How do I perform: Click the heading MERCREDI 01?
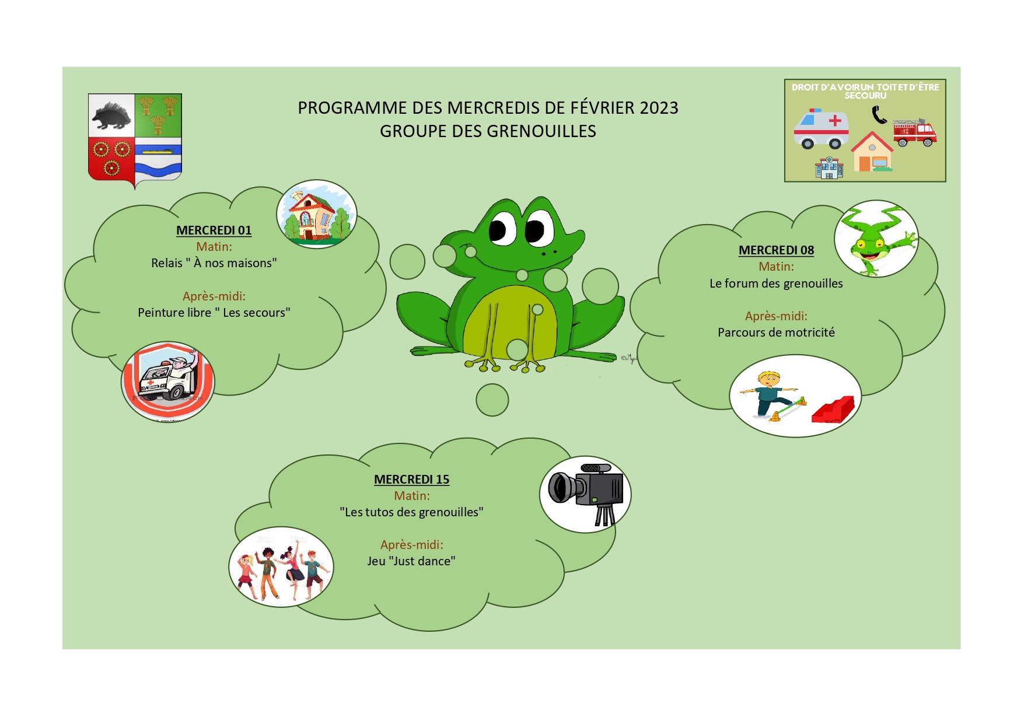tap(214, 230)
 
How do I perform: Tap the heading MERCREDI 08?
tap(776, 250)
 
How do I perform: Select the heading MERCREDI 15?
tap(411, 480)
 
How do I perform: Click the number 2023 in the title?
tap(659, 108)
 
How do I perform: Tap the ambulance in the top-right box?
tap(821, 128)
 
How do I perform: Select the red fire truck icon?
tap(914, 132)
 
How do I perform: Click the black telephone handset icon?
tap(879, 116)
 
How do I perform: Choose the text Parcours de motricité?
tap(776, 333)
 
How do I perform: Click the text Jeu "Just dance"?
tap(411, 561)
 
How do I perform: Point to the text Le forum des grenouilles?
tap(776, 284)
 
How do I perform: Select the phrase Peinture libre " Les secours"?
tap(214, 313)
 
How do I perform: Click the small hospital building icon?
tap(829, 167)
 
